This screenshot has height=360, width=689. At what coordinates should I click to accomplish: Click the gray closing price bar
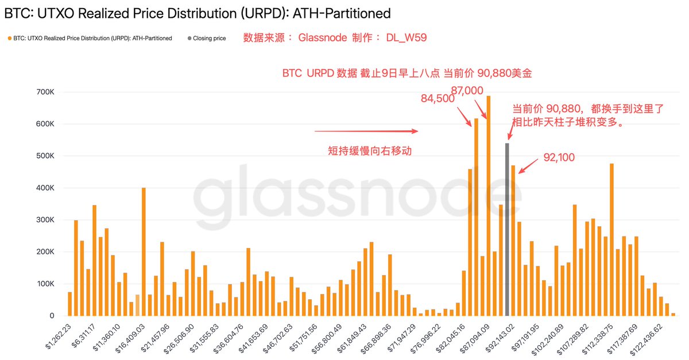pyautogui.click(x=507, y=230)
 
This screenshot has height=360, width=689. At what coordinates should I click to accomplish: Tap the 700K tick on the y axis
pyautogui.click(x=45, y=92)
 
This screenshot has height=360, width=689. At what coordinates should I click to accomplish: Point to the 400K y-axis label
pyautogui.click(x=45, y=188)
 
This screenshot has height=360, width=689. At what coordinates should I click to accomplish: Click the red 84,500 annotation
pyautogui.click(x=438, y=99)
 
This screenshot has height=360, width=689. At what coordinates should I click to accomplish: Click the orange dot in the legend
pyautogui.click(x=9, y=38)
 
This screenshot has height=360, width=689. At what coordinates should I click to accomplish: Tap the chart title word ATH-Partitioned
pyautogui.click(x=345, y=13)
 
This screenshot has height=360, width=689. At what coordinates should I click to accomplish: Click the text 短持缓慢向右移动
pyautogui.click(x=370, y=150)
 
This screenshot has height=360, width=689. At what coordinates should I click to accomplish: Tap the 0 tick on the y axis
pyautogui.click(x=52, y=316)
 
